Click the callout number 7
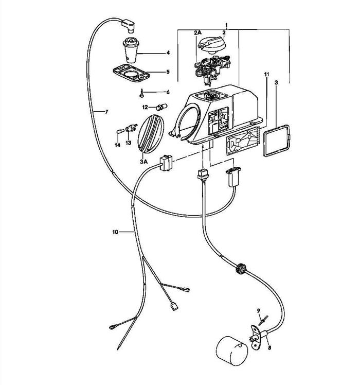point(106,112)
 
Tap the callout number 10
point(115,232)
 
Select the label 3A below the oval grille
point(144,162)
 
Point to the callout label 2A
point(197,32)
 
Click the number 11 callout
point(266,74)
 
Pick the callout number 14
point(118,145)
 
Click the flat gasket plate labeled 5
point(131,73)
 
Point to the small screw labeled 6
point(141,94)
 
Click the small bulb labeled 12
point(161,107)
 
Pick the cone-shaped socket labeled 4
point(131,50)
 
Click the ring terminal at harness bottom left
point(112,327)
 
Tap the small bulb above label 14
point(119,132)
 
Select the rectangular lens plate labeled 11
point(242,141)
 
